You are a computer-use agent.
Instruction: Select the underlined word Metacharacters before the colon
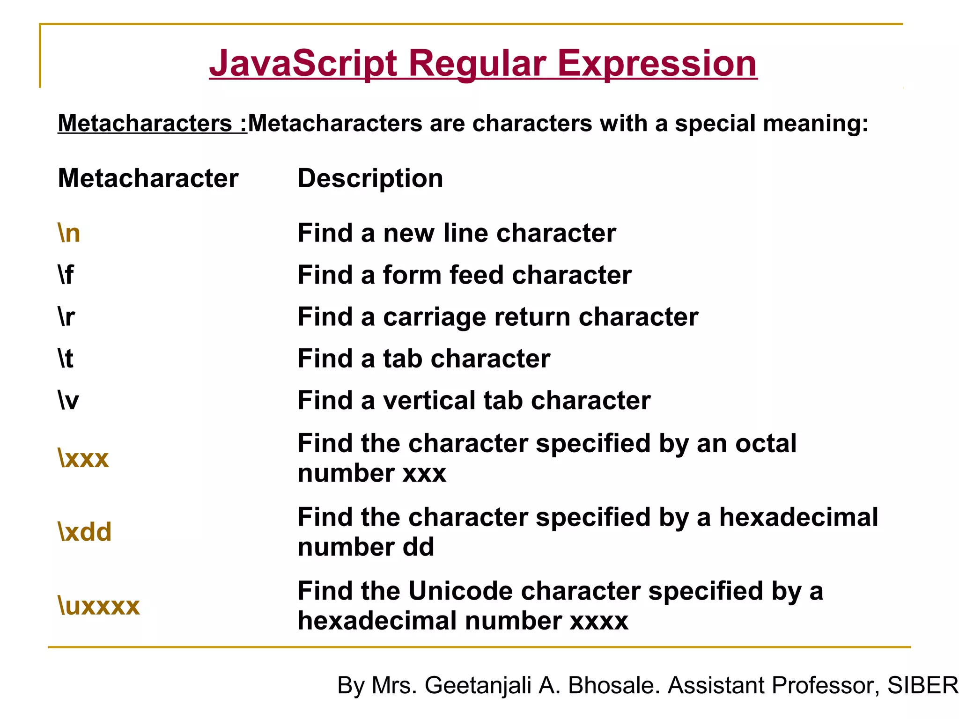tap(145, 124)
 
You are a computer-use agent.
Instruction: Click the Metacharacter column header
tap(148, 178)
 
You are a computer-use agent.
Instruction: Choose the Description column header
tap(370, 178)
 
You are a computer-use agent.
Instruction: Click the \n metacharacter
tap(69, 233)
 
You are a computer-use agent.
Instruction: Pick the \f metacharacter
tap(66, 275)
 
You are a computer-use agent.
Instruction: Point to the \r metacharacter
tap(66, 317)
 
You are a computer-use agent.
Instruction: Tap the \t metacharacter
tap(66, 359)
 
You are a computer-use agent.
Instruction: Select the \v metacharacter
tap(68, 401)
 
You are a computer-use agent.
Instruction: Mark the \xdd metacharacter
tap(85, 532)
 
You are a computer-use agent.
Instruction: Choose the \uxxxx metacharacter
tap(99, 606)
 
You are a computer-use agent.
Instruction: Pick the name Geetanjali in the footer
tap(478, 685)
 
